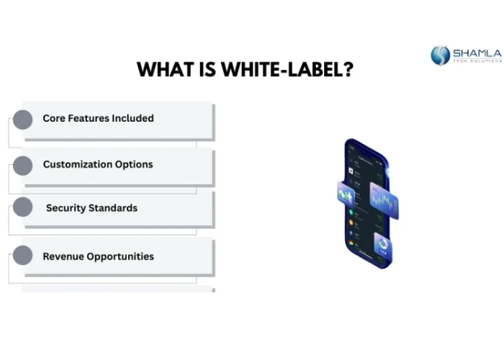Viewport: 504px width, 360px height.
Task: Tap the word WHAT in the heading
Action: point(163,70)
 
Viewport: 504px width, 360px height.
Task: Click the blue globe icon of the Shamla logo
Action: point(440,55)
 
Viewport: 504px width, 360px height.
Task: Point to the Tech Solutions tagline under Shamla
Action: point(477,62)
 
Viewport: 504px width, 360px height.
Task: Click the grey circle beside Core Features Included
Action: point(23,120)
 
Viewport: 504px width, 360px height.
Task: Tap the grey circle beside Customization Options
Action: point(23,166)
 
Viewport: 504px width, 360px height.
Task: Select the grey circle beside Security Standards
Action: point(23,208)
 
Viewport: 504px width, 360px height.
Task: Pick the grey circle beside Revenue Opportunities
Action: point(23,255)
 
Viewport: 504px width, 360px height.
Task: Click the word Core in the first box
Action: point(53,118)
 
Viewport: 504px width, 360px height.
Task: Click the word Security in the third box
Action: point(66,208)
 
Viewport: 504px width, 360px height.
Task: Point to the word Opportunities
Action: point(122,256)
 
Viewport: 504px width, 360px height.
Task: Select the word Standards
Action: point(113,208)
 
